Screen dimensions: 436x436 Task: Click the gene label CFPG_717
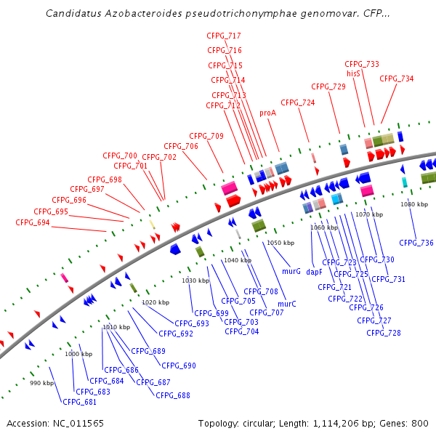coord(224,36)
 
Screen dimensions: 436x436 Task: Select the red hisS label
coord(353,73)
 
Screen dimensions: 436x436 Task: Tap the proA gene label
coord(267,113)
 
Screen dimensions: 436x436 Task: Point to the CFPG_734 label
coord(397,78)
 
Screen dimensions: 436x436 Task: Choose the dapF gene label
coord(314,272)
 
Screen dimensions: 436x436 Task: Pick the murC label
coord(287,304)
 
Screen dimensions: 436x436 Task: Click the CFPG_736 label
coord(416,243)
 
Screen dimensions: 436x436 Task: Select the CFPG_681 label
coord(79,402)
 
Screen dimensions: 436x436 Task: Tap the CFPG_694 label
coord(33,222)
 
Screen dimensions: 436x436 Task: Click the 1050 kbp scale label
coord(280,243)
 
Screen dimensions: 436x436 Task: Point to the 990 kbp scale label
coord(42,382)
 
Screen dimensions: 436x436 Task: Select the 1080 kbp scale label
coord(413,204)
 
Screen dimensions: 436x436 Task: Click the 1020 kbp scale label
coord(155,302)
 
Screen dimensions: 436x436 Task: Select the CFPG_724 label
coord(298,102)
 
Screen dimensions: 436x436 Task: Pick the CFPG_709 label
coord(206,136)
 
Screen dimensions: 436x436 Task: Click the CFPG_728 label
coord(383,333)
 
